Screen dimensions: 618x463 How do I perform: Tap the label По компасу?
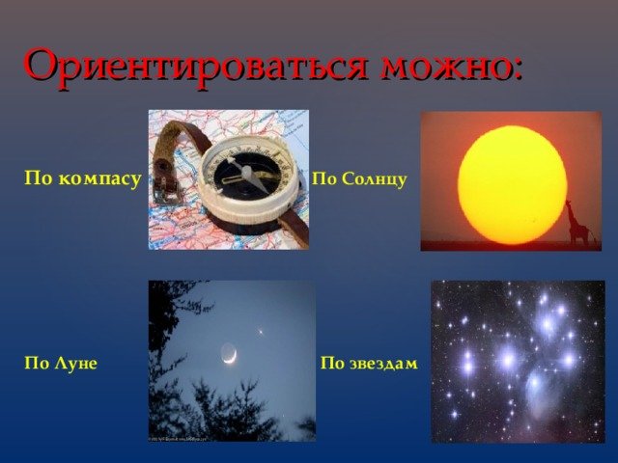pyautogui.click(x=83, y=178)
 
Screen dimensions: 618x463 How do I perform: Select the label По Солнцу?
pyautogui.click(x=359, y=178)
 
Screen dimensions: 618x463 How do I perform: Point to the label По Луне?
pyautogui.click(x=61, y=363)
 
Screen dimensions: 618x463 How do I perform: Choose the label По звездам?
pyautogui.click(x=369, y=363)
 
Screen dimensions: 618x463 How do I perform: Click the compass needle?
pyautogui.click(x=248, y=173)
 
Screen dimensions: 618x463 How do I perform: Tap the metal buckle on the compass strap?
pyautogui.click(x=164, y=188)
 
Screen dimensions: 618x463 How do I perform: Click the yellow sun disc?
pyautogui.click(x=513, y=184)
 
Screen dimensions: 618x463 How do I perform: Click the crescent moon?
pyautogui.click(x=229, y=354)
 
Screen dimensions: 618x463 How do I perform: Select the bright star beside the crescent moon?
pyautogui.click(x=261, y=332)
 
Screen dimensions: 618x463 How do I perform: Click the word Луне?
pyautogui.click(x=76, y=363)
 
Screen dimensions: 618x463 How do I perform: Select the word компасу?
pyautogui.click(x=99, y=179)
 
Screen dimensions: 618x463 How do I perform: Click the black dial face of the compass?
pyautogui.click(x=247, y=176)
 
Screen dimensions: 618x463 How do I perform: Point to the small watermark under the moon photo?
pyautogui.click(x=178, y=438)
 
